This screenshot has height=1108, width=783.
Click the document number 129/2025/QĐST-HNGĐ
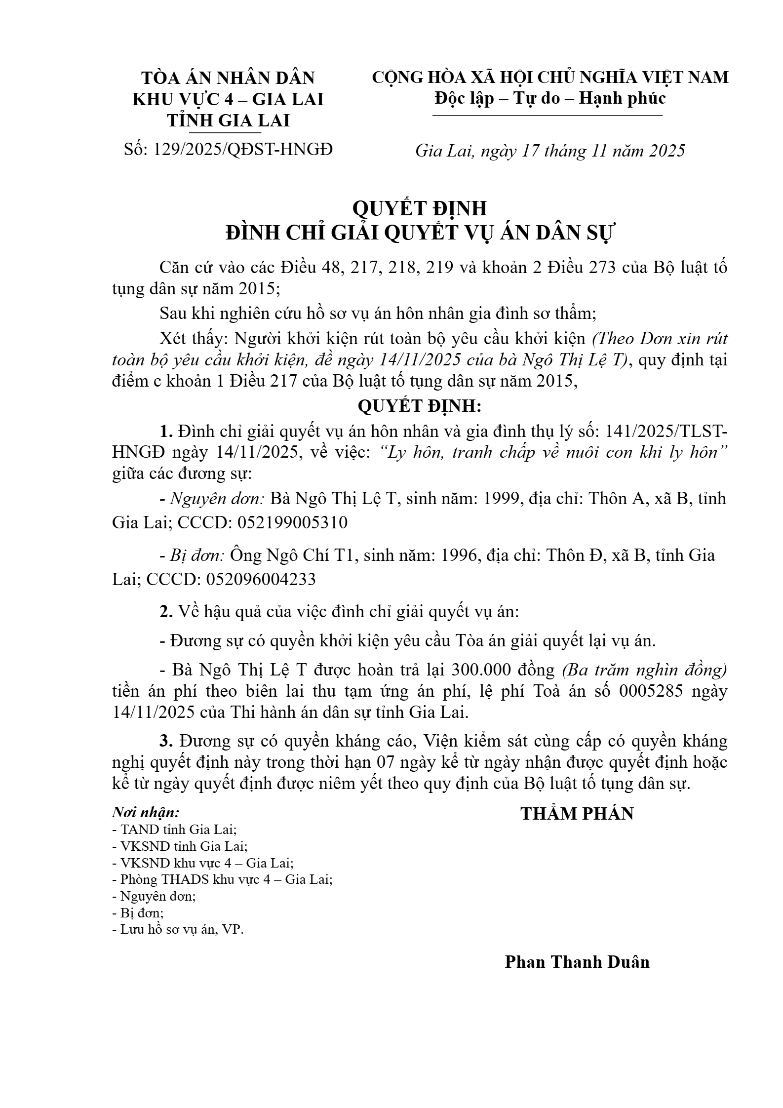point(243,149)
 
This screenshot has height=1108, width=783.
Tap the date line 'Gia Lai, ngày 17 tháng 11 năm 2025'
point(550,150)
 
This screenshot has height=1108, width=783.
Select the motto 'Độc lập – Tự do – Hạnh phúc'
point(550,98)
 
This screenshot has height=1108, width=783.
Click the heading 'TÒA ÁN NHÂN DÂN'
point(228,78)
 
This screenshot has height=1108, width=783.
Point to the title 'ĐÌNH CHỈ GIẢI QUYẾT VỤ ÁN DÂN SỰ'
point(419,233)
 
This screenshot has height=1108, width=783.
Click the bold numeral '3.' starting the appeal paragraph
point(166,741)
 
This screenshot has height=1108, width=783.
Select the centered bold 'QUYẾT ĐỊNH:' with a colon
point(419,406)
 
